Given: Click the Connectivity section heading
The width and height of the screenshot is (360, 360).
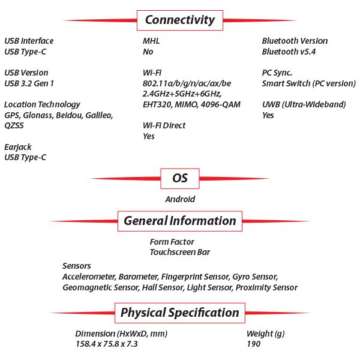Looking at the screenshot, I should (x=179, y=20).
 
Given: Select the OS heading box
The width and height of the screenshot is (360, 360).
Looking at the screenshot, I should (x=180, y=178).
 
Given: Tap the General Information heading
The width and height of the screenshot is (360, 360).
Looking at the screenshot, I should (x=179, y=221).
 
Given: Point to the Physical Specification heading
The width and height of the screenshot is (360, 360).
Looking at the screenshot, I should (x=179, y=313).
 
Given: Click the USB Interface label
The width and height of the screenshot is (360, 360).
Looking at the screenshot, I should (x=29, y=41).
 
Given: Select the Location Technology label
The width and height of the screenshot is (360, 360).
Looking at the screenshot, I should (x=42, y=104).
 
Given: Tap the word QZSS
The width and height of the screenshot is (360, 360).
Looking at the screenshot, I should (x=14, y=125).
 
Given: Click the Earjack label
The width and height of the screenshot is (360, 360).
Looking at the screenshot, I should (x=17, y=146).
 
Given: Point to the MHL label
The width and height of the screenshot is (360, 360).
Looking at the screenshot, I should (x=151, y=41).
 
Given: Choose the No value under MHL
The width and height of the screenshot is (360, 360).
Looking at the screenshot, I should (x=148, y=52).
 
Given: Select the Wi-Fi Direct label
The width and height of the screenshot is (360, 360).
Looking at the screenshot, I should (x=164, y=125).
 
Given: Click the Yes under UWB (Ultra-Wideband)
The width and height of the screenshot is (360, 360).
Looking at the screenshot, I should (x=268, y=115).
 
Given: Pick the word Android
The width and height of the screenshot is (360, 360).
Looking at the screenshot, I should (x=180, y=199).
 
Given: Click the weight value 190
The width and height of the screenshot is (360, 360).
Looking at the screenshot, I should (x=254, y=344).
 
